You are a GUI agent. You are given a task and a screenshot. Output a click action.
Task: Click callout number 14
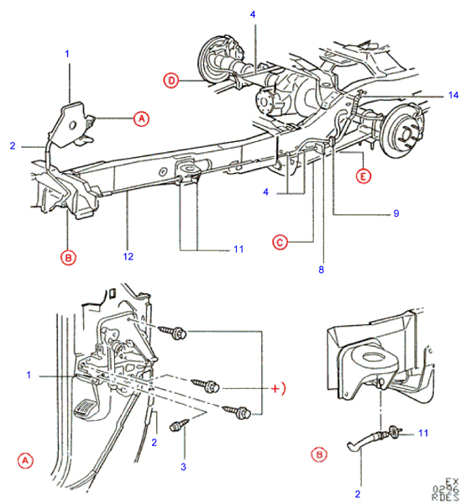coord(453,95)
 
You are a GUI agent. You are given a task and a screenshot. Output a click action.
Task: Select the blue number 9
coord(396,213)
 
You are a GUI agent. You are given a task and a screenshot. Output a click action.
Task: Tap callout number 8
coord(321,270)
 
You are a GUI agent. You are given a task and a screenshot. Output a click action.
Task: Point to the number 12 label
coord(128,256)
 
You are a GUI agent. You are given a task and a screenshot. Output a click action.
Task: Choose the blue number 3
coord(183,466)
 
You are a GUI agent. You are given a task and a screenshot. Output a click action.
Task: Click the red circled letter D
coord(171,81)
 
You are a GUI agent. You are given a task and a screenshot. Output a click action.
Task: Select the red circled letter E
coord(364,176)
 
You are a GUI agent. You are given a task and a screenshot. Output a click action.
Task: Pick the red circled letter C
coord(280,242)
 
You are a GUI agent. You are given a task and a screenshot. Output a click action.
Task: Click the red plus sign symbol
coord(275,389)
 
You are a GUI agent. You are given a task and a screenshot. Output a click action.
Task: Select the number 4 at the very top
coord(253,14)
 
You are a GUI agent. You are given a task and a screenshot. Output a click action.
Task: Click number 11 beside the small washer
coord(423,433)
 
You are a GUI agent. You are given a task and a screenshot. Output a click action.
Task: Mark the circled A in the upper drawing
coord(141,118)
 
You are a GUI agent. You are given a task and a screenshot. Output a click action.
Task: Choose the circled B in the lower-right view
coord(319,454)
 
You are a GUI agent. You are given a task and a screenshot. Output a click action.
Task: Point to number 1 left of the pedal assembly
coord(29,375)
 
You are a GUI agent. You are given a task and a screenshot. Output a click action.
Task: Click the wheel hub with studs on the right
coord(404,131)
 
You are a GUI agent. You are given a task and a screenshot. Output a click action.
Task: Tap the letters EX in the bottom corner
coord(452,482)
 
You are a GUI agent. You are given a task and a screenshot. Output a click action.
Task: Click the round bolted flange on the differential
coord(264,102)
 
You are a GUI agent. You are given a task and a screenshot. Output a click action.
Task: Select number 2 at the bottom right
coord(358,493)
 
